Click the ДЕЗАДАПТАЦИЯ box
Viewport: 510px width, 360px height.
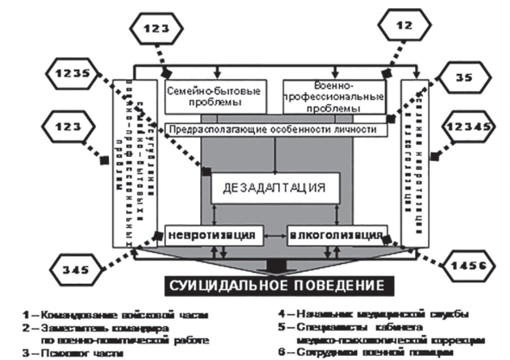point(275,188)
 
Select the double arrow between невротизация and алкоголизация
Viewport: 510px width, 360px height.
point(275,236)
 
